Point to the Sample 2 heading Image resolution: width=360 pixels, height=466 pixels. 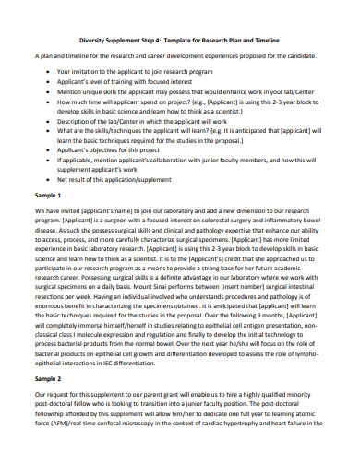(48, 404)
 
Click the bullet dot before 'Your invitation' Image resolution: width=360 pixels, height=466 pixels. (48, 71)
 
